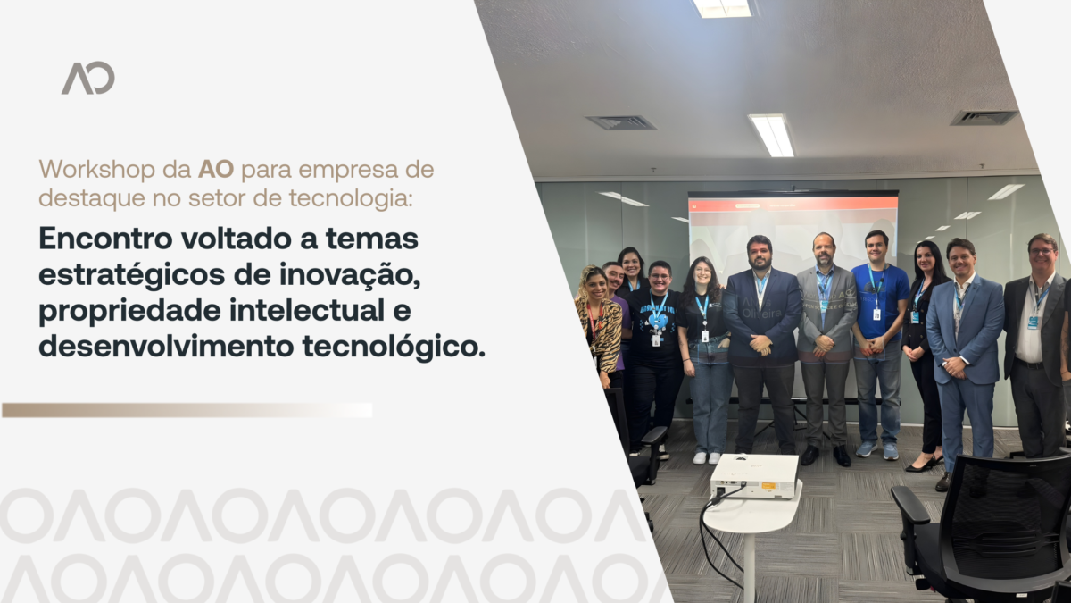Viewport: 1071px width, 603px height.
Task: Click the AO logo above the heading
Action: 88,78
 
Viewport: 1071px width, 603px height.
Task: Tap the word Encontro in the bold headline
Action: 105,239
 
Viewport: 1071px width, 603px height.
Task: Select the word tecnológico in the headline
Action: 394,347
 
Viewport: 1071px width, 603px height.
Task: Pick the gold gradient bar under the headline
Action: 187,410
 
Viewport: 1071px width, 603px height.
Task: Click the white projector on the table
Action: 754,477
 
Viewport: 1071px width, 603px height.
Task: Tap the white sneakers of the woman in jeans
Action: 707,458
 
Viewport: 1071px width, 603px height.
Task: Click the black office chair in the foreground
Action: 985,532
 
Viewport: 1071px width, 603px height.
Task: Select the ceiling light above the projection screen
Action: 772,135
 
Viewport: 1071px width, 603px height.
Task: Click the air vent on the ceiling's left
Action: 620,123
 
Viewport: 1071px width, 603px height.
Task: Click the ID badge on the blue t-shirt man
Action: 876,314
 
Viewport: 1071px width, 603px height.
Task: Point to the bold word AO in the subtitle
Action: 216,170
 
